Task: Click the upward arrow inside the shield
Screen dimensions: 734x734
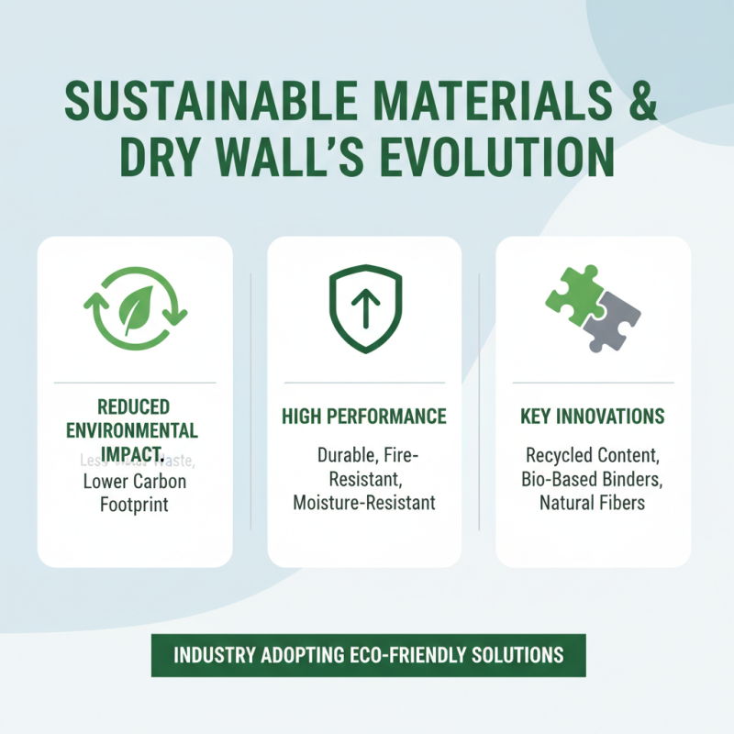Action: tap(364, 311)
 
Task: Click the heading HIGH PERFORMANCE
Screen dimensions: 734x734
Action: tap(364, 417)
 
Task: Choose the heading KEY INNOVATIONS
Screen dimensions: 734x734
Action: tap(593, 417)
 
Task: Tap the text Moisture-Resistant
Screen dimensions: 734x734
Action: tap(364, 503)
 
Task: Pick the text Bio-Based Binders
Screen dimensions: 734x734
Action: tap(593, 479)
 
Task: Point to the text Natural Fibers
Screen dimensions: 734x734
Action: tap(593, 503)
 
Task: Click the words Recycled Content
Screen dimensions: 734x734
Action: tap(593, 455)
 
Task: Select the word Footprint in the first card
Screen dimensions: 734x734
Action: tap(135, 503)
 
